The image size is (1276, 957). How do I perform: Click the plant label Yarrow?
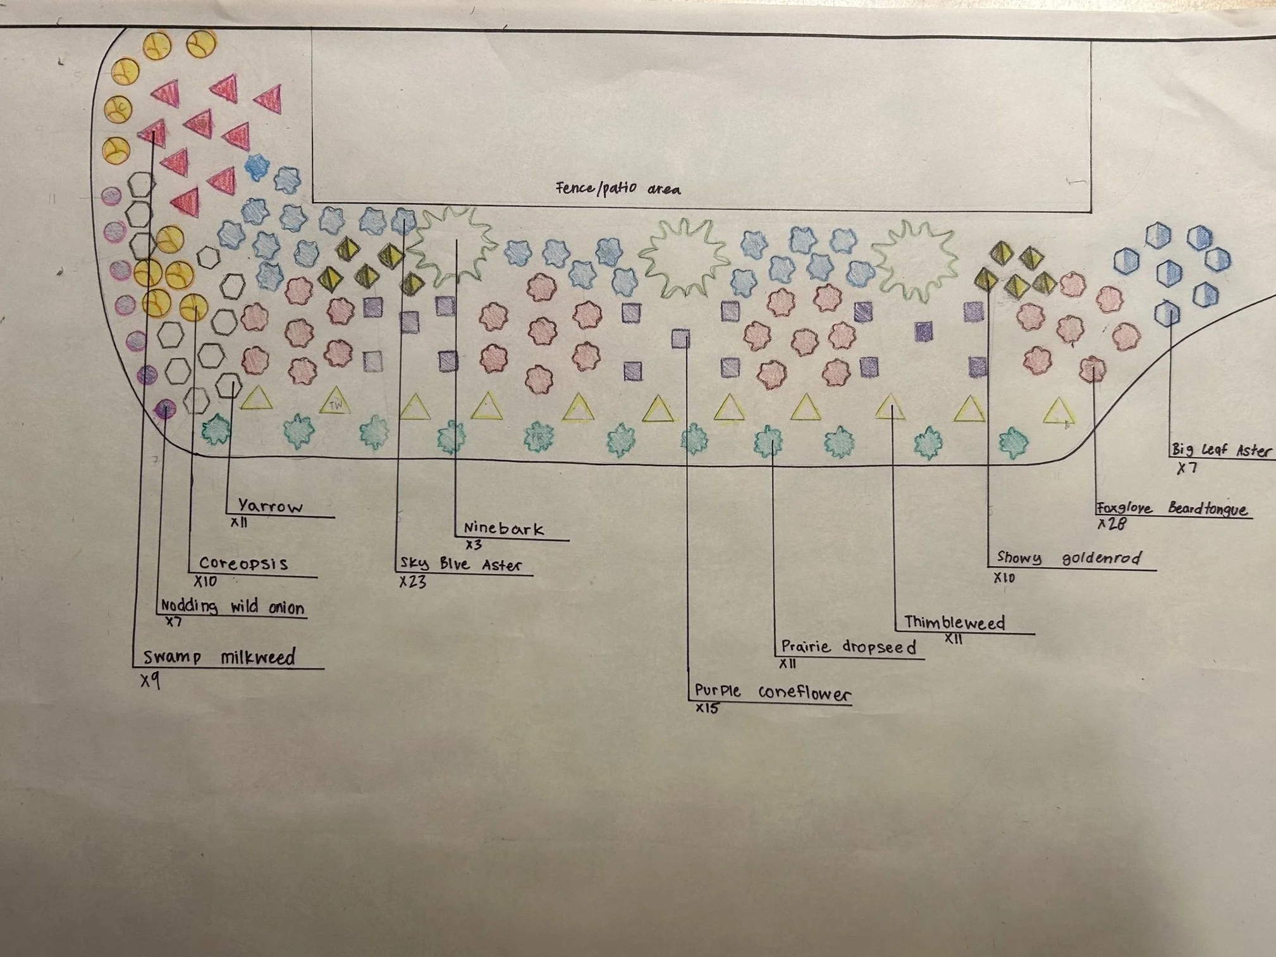pyautogui.click(x=270, y=506)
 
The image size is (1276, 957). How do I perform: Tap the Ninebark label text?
pyautogui.click(x=503, y=528)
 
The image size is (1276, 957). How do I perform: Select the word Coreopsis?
pyautogui.click(x=243, y=563)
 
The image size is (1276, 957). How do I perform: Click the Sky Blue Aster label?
pyautogui.click(x=461, y=564)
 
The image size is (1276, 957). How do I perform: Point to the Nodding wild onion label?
pyautogui.click(x=233, y=607)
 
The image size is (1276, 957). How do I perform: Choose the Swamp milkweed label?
pyautogui.click(x=219, y=657)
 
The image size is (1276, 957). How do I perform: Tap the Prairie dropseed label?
pyautogui.click(x=849, y=647)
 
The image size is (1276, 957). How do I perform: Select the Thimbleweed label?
pyautogui.click(x=954, y=623)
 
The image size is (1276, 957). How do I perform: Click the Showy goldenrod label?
pyautogui.click(x=1069, y=558)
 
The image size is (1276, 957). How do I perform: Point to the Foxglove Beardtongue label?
pyautogui.click(x=1172, y=508)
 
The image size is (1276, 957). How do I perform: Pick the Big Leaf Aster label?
pyautogui.click(x=1221, y=450)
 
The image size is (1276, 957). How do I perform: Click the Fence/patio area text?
pyautogui.click(x=618, y=188)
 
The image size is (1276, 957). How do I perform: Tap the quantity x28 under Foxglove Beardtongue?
pyautogui.click(x=1112, y=524)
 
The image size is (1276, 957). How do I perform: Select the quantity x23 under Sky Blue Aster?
pyautogui.click(x=412, y=582)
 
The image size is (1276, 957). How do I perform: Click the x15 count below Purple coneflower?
pyautogui.click(x=707, y=709)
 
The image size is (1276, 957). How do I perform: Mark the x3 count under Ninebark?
pyautogui.click(x=474, y=545)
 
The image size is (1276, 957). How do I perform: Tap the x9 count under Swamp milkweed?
pyautogui.click(x=150, y=681)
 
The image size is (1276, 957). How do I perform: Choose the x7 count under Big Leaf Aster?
pyautogui.click(x=1187, y=468)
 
